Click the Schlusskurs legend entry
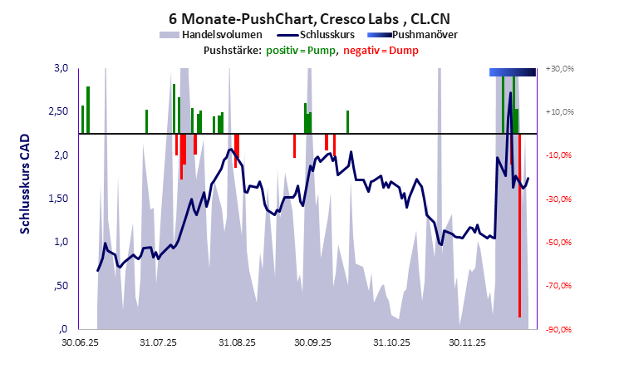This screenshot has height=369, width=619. tap(320, 35)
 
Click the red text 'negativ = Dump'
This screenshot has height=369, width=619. tap(381, 51)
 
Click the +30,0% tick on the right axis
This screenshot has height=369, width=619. tap(561, 68)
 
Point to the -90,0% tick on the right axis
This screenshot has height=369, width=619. tap(561, 329)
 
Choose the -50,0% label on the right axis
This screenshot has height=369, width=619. tap(561, 243)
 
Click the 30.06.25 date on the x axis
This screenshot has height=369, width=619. tap(81, 342)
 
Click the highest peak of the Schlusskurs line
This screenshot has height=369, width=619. tap(510, 93)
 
